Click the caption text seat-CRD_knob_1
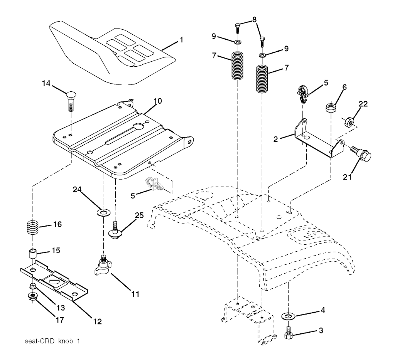pyautogui.click(x=52, y=341)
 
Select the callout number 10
pyautogui.click(x=158, y=101)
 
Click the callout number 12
pyautogui.click(x=97, y=321)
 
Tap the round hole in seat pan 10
pyautogui.click(x=138, y=126)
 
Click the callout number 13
pyautogui.click(x=61, y=308)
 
